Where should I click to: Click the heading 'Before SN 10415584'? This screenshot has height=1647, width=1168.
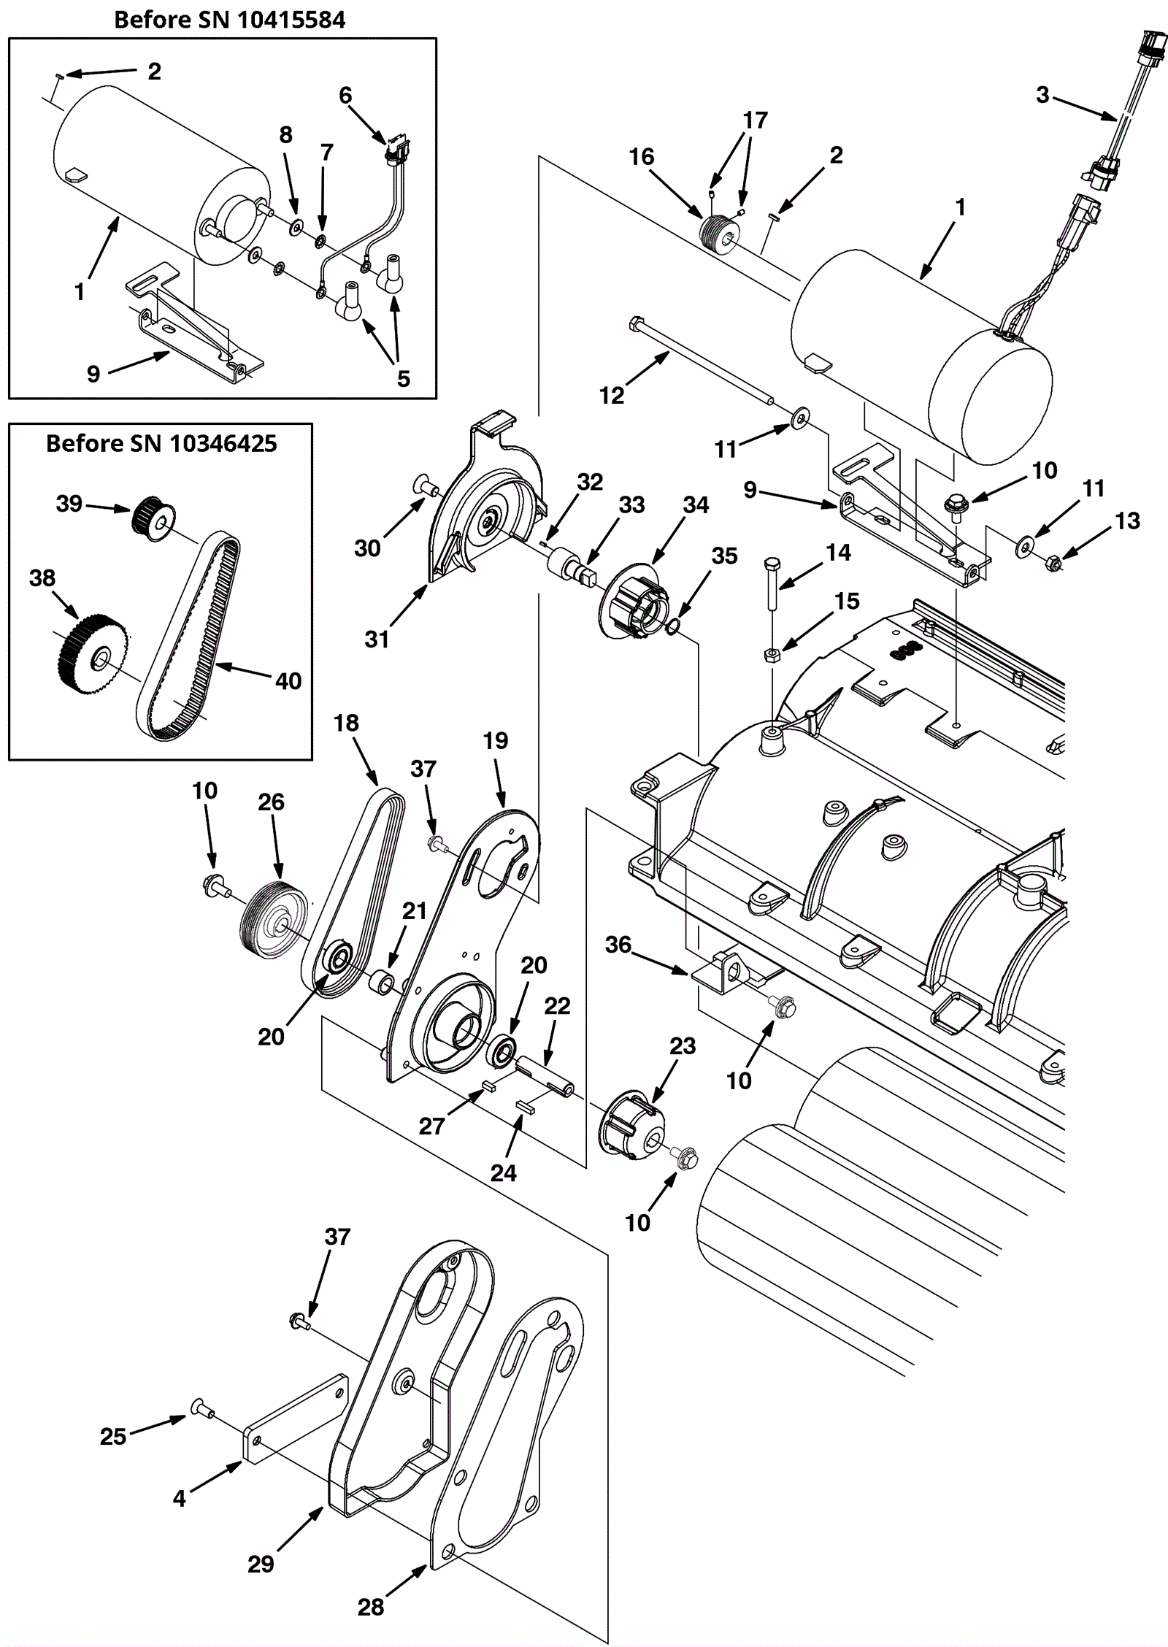[x=229, y=19]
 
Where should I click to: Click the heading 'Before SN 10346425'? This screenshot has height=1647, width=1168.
[x=161, y=443]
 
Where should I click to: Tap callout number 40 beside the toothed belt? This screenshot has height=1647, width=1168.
[x=288, y=680]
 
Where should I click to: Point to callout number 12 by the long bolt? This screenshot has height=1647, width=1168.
[x=612, y=395]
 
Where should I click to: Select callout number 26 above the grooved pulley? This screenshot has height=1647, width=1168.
[x=271, y=802]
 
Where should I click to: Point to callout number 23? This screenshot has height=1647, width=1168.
[x=683, y=1046]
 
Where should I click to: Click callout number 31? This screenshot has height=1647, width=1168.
[x=377, y=639]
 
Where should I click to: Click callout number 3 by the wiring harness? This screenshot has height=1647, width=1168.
[x=1042, y=94]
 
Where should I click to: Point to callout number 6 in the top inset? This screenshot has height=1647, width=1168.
[x=345, y=95]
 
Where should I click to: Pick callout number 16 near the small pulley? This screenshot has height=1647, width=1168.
[x=642, y=156]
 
